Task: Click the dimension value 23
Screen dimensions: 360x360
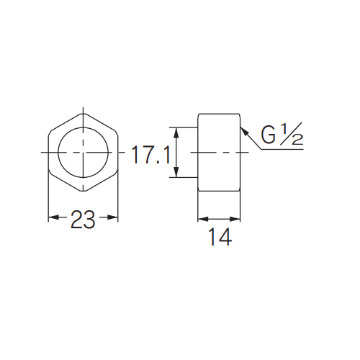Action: coord(83,219)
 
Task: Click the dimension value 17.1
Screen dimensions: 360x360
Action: coord(150,156)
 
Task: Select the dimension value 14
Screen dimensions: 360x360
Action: coord(220,237)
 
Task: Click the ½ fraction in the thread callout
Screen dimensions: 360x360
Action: coord(292,134)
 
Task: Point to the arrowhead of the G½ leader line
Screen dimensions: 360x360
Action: coord(243,131)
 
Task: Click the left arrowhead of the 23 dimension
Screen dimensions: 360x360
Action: coord(53,217)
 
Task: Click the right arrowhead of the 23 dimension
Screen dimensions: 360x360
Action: coord(112,217)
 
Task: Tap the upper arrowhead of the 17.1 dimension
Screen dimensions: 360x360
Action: coord(176,132)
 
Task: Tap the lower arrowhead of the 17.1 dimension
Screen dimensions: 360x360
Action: coord(176,172)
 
